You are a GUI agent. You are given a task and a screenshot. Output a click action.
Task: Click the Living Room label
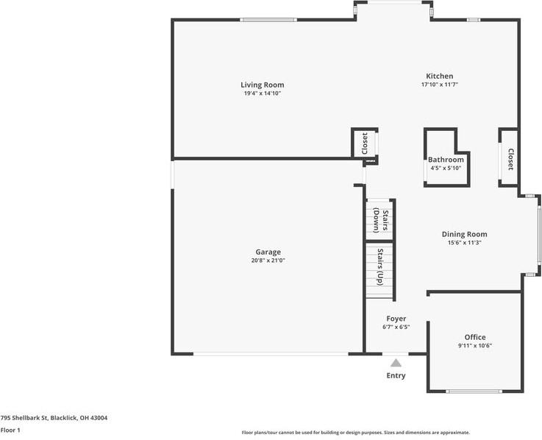pyautogui.click(x=263, y=85)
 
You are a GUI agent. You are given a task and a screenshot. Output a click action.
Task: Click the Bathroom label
pyautogui.click(x=446, y=160)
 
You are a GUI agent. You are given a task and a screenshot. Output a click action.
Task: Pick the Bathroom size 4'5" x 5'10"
pyautogui.click(x=446, y=168)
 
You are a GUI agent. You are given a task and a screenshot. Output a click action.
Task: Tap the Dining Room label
pyautogui.click(x=464, y=235)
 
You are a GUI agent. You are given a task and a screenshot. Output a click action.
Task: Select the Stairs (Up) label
pyautogui.click(x=380, y=267)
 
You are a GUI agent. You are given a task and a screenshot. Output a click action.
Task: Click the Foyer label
pyautogui.click(x=396, y=319)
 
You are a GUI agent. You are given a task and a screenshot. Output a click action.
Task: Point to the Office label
pyautogui.click(x=474, y=337)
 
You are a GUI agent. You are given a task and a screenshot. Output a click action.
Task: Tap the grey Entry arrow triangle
pyautogui.click(x=396, y=362)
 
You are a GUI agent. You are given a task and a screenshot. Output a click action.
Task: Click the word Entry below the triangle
pyautogui.click(x=396, y=375)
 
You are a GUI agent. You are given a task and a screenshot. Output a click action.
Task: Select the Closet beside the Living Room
pyautogui.click(x=364, y=143)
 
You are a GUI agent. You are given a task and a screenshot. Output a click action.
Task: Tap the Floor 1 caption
pyautogui.click(x=10, y=430)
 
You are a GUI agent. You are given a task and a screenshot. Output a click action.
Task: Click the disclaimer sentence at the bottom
pyautogui.click(x=356, y=433)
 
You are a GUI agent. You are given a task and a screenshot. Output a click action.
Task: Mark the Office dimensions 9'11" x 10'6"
pyautogui.click(x=474, y=345)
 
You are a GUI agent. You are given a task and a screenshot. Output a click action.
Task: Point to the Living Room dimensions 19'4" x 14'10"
pyautogui.click(x=263, y=93)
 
